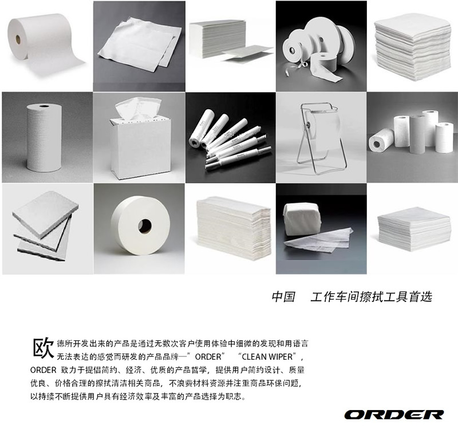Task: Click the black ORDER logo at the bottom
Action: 394,415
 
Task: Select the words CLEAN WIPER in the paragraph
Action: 267,356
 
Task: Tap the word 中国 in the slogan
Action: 283,296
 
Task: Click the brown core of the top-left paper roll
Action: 18,38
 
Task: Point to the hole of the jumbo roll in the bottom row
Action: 145,225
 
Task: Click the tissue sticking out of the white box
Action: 138,108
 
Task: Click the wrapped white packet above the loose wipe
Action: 302,219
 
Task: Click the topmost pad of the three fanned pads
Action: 45,214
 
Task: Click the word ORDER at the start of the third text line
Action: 43,370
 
